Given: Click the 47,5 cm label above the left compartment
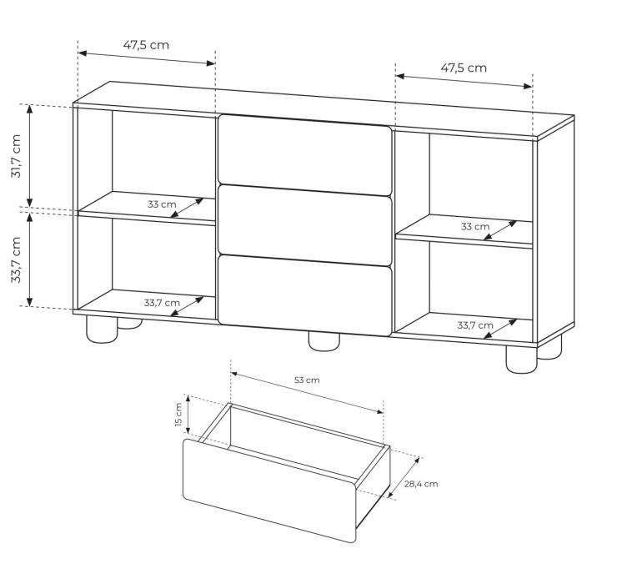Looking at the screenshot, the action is pyautogui.click(x=146, y=45).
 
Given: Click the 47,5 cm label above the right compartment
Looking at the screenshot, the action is pyautogui.click(x=464, y=68).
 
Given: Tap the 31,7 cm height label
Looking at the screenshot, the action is pyautogui.click(x=16, y=156).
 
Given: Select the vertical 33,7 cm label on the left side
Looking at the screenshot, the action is pyautogui.click(x=16, y=260).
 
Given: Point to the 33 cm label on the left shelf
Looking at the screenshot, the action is pyautogui.click(x=162, y=204).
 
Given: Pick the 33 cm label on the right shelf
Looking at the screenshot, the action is pyautogui.click(x=475, y=226).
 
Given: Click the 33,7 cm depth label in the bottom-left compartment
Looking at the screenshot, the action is pyautogui.click(x=162, y=303).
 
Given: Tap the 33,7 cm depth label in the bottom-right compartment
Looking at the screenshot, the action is pyautogui.click(x=475, y=325).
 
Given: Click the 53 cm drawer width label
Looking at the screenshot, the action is pyautogui.click(x=307, y=380).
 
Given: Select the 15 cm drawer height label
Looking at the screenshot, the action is pyautogui.click(x=178, y=415).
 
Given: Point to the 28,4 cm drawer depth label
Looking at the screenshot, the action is pyautogui.click(x=421, y=484).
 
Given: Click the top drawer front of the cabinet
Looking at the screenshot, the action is pyautogui.click(x=304, y=155).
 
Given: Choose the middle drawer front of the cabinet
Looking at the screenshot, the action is pyautogui.click(x=304, y=225).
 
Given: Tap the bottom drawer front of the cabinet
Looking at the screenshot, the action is pyautogui.click(x=304, y=295).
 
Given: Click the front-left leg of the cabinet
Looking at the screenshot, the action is pyautogui.click(x=102, y=330).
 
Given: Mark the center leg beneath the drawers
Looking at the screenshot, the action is pyautogui.click(x=324, y=341).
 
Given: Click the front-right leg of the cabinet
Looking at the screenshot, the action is pyautogui.click(x=522, y=359).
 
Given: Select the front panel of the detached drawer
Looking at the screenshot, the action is pyautogui.click(x=269, y=491).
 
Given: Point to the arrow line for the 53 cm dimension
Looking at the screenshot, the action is pyautogui.click(x=307, y=393).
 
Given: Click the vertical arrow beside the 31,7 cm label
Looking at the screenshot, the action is pyautogui.click(x=29, y=156).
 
